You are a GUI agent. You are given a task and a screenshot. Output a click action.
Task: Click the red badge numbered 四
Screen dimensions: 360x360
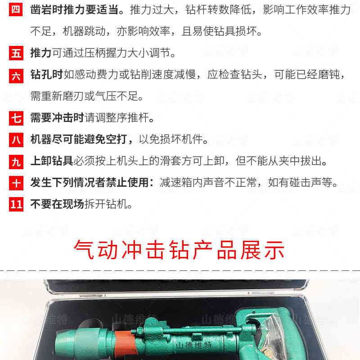tap(16, 10)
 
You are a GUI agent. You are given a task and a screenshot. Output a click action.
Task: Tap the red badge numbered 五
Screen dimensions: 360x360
tap(16, 53)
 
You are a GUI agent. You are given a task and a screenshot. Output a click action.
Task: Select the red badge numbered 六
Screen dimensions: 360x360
tap(16, 75)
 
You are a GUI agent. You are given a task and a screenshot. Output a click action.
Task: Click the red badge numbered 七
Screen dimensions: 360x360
tap(16, 118)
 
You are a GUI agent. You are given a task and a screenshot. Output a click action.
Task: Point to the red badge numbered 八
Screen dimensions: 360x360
tap(16, 140)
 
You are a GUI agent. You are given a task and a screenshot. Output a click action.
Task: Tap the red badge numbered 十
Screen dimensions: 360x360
tap(16, 183)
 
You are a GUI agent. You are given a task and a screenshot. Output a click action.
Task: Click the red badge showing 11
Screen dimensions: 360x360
tap(16, 205)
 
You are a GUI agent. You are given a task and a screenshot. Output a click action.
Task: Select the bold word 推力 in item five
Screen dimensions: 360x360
tap(40, 53)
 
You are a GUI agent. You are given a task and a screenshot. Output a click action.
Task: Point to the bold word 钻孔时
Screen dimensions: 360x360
tap(46, 75)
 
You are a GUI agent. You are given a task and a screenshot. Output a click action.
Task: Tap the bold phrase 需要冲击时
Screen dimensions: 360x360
tap(57, 118)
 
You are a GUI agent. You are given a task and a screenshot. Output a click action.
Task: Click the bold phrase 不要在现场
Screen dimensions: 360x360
tap(57, 205)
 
